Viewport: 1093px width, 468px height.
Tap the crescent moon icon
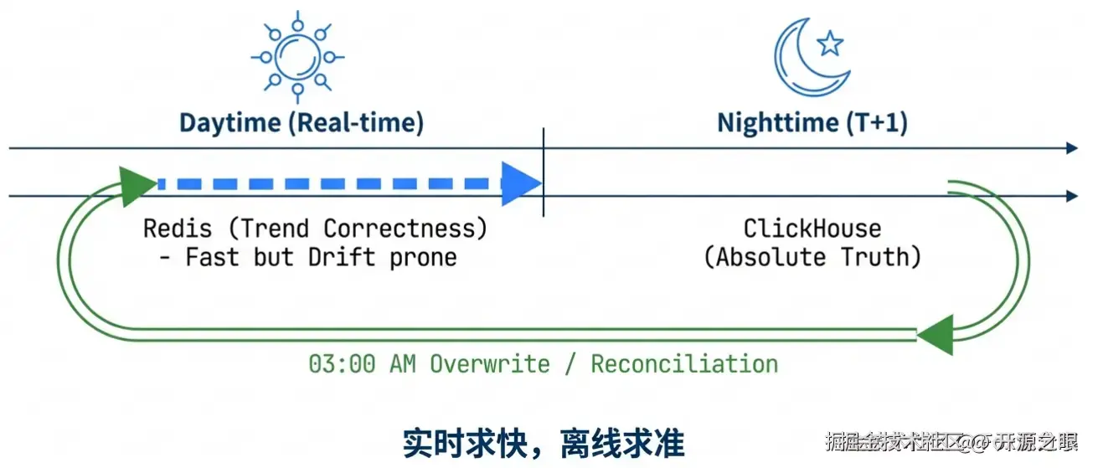click(803, 58)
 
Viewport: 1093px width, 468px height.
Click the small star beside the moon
click(830, 43)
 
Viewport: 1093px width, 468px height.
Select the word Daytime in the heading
click(230, 123)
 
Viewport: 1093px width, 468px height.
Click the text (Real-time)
click(356, 123)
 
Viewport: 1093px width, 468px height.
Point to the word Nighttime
click(776, 123)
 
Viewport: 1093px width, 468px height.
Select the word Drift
click(344, 256)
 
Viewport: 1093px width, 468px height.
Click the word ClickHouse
click(812, 229)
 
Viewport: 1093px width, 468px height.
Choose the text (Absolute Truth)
click(812, 256)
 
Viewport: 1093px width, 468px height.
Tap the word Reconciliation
click(684, 364)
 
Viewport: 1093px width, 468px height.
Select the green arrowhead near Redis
click(135, 185)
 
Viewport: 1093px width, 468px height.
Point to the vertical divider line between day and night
click(544, 172)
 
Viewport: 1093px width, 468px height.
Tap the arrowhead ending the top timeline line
click(1072, 148)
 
